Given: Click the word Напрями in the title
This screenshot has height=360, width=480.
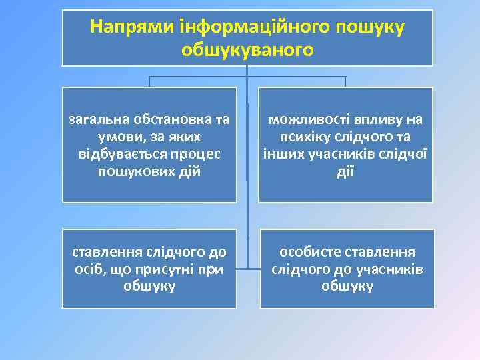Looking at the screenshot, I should tap(131, 27).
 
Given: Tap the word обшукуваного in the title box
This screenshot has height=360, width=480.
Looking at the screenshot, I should tap(247, 50).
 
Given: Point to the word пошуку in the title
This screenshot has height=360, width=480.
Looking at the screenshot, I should tap(363, 27).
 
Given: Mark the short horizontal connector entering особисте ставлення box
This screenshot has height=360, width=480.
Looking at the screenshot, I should tap(253, 269).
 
